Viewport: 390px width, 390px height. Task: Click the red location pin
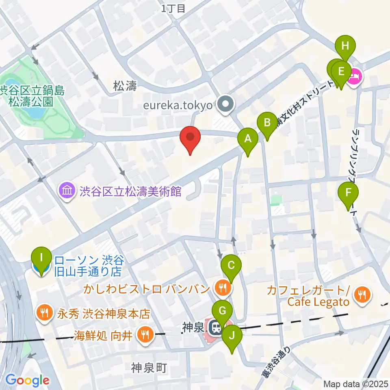[x=190, y=137]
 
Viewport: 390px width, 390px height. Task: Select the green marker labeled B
[x=267, y=123]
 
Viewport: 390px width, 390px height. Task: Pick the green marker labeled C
[x=231, y=266]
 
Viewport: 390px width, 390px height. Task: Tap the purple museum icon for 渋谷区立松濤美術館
[x=66, y=191]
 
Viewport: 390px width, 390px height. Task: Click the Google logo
[x=27, y=381]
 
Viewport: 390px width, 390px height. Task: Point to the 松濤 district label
[x=124, y=86]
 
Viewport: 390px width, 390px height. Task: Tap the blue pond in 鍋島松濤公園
[x=32, y=114]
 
